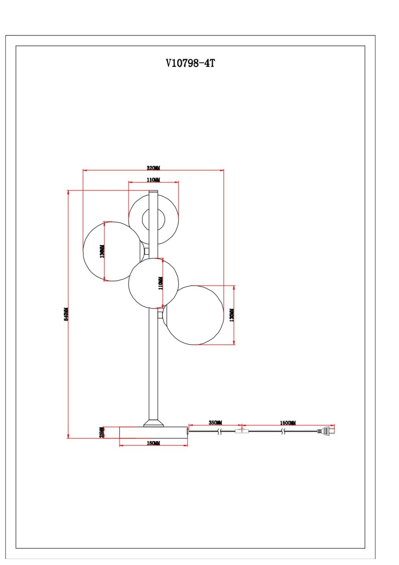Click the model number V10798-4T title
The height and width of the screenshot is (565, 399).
click(190, 64)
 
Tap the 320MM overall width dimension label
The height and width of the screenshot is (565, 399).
click(153, 168)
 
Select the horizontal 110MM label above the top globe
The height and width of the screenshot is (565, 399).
click(153, 180)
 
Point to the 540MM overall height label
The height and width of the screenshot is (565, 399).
click(66, 315)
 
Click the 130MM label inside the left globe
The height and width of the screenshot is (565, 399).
click(103, 251)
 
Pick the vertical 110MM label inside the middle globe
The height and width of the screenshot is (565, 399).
click(160, 283)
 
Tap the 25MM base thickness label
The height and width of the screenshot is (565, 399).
click(102, 432)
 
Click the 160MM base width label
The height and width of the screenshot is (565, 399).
click(153, 444)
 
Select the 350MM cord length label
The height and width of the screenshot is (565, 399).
click(215, 423)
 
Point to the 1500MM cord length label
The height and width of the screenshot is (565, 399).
click(288, 423)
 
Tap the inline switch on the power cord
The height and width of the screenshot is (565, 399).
click(241, 430)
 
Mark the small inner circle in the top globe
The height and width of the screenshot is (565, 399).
click(153, 220)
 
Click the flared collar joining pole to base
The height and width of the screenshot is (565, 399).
click(153, 422)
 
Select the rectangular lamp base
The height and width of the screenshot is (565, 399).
click(153, 433)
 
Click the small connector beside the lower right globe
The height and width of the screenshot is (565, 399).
click(161, 315)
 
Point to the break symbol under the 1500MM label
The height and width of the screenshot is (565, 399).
click(282, 431)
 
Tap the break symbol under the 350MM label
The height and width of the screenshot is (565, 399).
click(219, 431)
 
